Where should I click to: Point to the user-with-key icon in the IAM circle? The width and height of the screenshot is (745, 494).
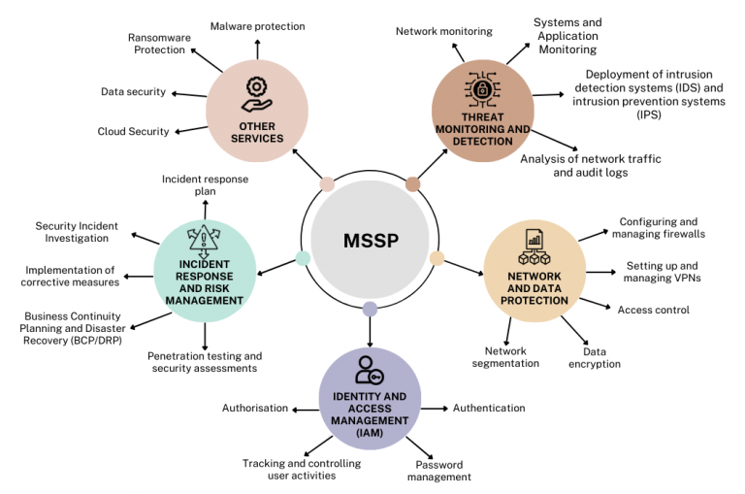point(370,371)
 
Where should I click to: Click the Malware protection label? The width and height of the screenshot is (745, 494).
point(257,26)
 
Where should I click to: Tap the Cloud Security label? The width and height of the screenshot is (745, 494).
point(133,131)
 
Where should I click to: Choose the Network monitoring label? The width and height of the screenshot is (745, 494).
point(443,31)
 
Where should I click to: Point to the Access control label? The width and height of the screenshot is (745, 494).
point(653,310)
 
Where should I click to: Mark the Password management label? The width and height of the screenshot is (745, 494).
point(438,470)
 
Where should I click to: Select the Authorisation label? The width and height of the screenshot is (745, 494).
point(255,408)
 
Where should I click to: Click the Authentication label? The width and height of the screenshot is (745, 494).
point(489,408)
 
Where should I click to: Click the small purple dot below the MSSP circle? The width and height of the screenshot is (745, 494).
point(370,310)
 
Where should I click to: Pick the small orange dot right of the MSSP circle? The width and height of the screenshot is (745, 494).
point(437,258)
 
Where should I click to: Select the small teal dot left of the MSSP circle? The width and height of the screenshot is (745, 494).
point(303,258)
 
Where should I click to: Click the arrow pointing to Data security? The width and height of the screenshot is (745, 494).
point(181,93)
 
